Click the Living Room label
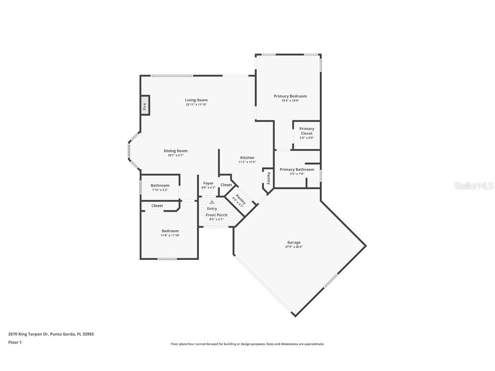point(196,100)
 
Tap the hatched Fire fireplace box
point(145,105)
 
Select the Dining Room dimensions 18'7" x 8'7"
point(175,155)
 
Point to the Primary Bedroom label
point(290,96)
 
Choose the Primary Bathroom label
point(296,170)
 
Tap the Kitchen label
point(247,158)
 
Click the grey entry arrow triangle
point(212,201)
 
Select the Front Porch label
point(216,215)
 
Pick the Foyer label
point(208,183)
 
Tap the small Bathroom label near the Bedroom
point(160,185)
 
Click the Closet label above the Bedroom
point(157,206)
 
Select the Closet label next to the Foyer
point(226,185)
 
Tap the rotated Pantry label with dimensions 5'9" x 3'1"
point(239,200)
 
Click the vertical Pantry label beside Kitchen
point(269,177)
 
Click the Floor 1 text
point(15,342)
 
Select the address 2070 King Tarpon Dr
point(28,334)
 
